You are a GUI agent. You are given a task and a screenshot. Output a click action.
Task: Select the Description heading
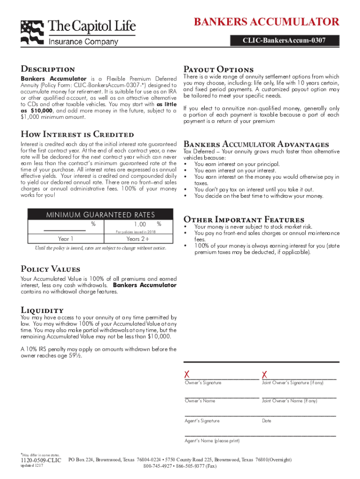(48, 69)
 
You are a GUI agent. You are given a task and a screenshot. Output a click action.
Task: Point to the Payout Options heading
(219, 69)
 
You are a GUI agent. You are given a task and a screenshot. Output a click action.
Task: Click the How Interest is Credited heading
(77, 135)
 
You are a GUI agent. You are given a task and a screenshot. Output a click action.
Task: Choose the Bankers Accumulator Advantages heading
(256, 144)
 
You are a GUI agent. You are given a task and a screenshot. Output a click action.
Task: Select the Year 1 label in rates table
(65, 239)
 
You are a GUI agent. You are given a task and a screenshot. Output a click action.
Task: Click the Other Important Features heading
(244, 219)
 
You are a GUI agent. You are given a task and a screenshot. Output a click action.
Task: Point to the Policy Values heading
(50, 269)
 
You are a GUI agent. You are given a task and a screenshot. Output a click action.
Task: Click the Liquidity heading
(42, 310)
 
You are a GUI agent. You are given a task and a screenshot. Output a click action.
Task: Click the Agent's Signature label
(202, 421)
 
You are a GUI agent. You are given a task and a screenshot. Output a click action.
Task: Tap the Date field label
(266, 421)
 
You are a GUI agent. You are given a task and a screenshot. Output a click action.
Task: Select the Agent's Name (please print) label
(212, 441)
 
